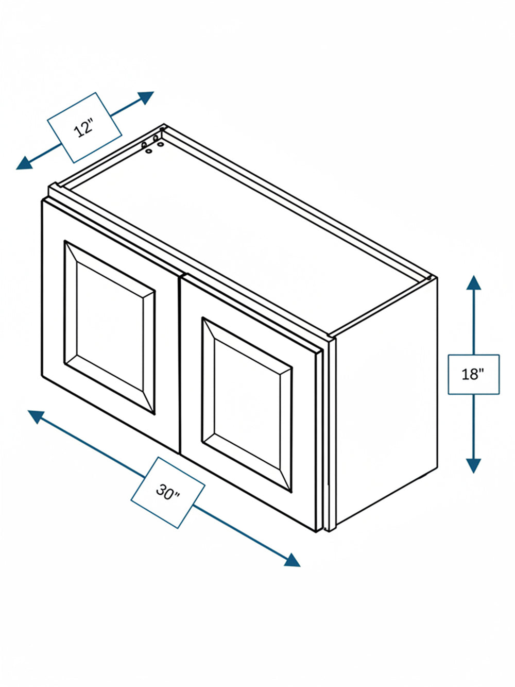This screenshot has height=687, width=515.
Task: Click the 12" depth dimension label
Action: point(84,128)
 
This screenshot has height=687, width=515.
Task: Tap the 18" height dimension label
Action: point(473,374)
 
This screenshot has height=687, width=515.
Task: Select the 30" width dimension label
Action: point(167,492)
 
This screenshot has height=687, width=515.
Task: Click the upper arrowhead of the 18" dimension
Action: point(473,283)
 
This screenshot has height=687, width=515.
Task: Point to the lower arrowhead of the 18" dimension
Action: point(473,466)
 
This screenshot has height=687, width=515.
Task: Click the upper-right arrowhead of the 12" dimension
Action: point(146,97)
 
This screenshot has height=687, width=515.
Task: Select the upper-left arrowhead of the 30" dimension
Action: point(36,416)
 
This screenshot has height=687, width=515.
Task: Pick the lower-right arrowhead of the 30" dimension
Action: point(292,560)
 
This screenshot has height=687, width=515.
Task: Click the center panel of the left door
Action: point(110,327)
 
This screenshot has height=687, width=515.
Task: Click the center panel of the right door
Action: point(247,404)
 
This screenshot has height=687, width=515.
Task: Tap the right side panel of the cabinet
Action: point(386,400)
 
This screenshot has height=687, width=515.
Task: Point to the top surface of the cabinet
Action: point(244,231)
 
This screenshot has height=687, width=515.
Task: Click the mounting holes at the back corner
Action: point(152,144)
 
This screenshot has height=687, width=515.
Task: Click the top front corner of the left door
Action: point(43,201)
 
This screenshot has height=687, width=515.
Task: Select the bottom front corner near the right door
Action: point(316,531)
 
